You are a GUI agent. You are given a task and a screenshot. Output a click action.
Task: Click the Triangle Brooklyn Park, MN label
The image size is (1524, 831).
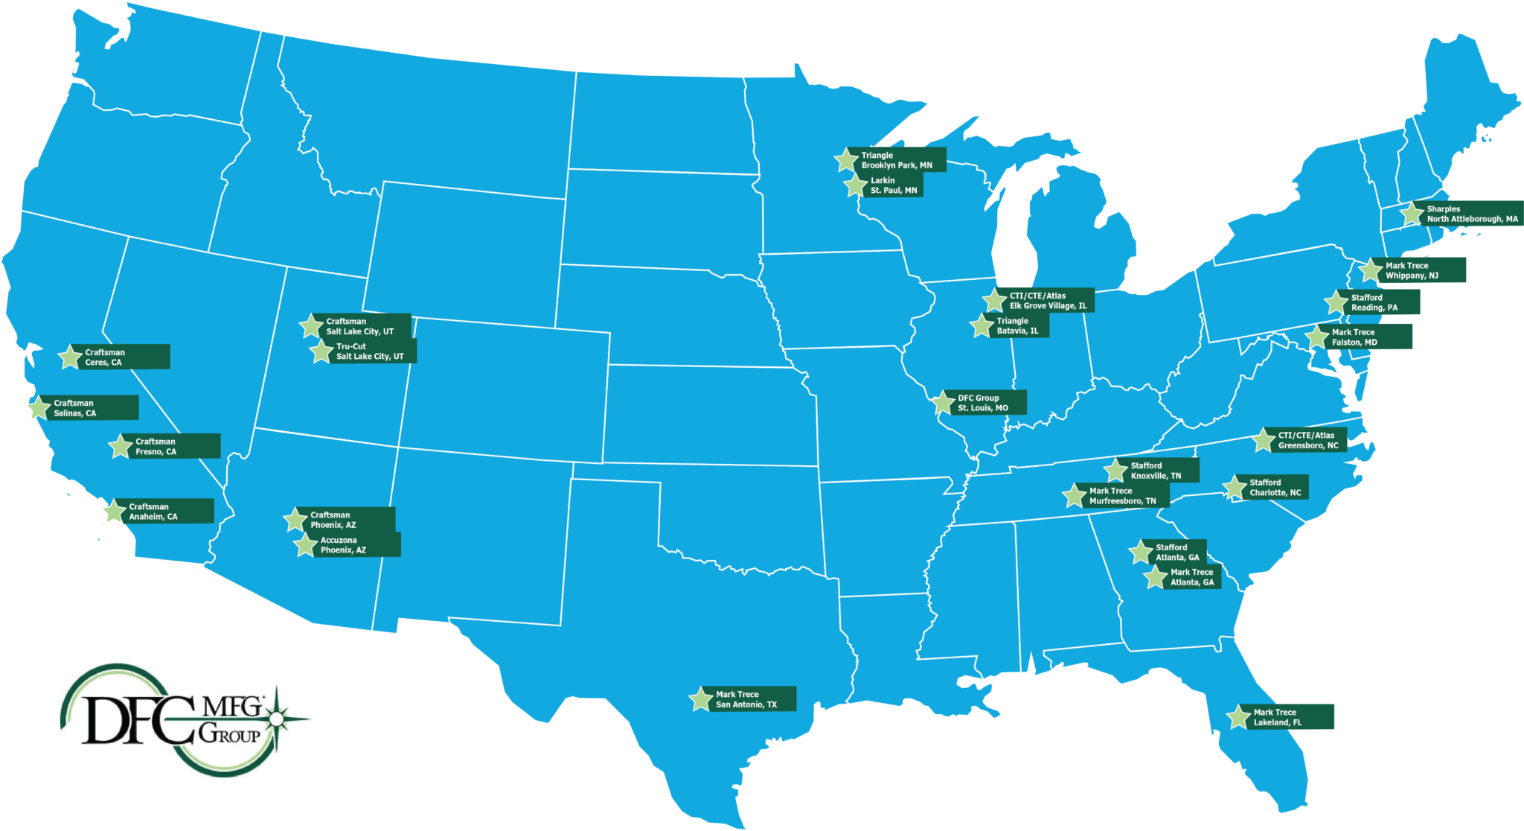(897, 160)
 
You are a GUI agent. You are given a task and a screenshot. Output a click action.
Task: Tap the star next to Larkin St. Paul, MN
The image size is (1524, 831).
(857, 186)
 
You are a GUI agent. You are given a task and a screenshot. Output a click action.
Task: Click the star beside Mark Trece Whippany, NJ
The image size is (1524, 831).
(1371, 270)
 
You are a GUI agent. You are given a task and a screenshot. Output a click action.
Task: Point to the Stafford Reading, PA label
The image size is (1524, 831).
(1374, 302)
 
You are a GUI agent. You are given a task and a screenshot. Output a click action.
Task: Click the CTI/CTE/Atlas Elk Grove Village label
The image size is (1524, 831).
(1048, 301)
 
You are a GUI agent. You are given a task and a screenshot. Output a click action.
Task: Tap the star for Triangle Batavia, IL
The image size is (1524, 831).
(982, 326)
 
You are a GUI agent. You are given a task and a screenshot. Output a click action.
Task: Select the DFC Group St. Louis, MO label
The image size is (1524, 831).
(983, 403)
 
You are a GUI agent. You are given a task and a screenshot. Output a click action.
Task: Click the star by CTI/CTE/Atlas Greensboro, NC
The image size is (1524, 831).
(1264, 440)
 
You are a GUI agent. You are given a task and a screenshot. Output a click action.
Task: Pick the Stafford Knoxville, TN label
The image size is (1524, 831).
(1156, 471)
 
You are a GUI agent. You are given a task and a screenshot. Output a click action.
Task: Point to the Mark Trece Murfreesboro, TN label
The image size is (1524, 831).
(1123, 496)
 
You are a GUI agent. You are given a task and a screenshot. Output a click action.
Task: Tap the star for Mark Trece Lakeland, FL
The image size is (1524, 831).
(1239, 717)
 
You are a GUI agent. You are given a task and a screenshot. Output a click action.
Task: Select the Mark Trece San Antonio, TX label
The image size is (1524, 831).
(746, 699)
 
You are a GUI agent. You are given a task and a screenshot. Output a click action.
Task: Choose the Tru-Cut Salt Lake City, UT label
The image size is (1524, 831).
(370, 351)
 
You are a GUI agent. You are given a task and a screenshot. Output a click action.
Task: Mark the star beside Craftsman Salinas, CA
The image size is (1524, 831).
(39, 408)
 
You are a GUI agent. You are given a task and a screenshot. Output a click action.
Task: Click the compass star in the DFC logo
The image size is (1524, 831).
(276, 718)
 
